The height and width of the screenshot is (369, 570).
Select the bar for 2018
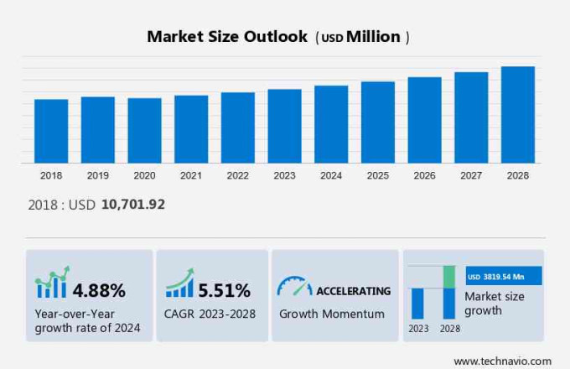pyautogui.click(x=51, y=131)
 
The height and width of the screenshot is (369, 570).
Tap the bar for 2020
pyautogui.click(x=144, y=130)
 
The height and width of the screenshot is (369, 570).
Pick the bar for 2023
pyautogui.click(x=284, y=126)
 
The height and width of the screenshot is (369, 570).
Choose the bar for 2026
pyautogui.click(x=424, y=120)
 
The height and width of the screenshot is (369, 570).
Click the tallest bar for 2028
pyautogui.click(x=517, y=115)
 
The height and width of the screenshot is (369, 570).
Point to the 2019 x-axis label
pyautogui.click(x=98, y=175)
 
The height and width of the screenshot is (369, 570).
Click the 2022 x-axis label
pyautogui.click(x=237, y=175)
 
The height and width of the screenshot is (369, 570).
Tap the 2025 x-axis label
pyautogui.click(x=377, y=175)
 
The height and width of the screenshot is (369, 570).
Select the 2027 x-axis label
pyautogui.click(x=471, y=175)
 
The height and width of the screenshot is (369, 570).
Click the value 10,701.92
pyautogui.click(x=133, y=205)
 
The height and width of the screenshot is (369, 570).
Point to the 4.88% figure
pyautogui.click(x=99, y=291)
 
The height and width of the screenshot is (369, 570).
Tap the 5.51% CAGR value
pyautogui.click(x=225, y=291)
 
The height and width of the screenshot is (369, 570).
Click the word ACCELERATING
pyautogui.click(x=353, y=291)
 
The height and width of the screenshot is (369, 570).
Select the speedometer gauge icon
pyautogui.click(x=294, y=287)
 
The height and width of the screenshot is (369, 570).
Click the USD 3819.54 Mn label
pyautogui.click(x=503, y=276)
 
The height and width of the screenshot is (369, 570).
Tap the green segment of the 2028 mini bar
pyautogui.click(x=449, y=277)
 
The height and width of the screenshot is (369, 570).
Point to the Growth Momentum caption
pyautogui.click(x=332, y=314)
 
